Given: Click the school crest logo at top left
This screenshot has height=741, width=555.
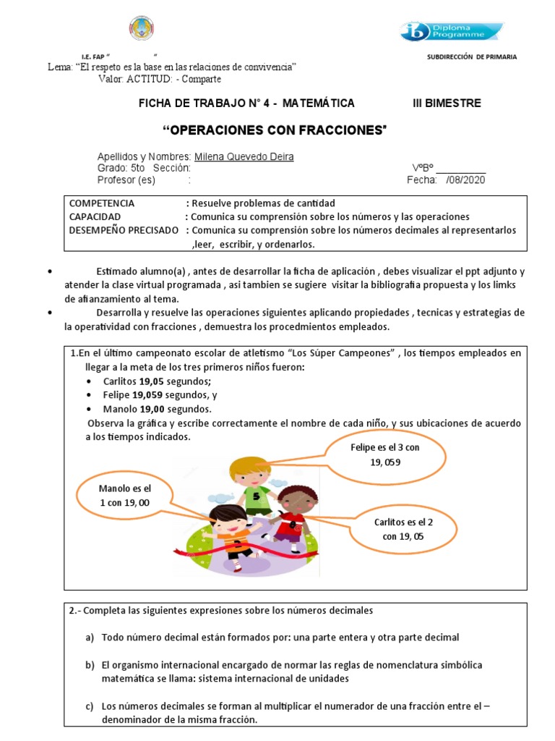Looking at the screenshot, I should click(141, 28).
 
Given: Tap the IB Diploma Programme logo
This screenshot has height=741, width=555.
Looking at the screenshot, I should click(451, 31).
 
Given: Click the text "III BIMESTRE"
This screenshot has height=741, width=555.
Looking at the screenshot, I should click(446, 103).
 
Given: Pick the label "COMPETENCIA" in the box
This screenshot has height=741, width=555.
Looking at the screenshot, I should click(102, 203).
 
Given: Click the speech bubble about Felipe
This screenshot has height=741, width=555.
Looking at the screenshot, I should click(384, 454).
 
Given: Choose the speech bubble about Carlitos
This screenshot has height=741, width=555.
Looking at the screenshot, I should click(403, 528).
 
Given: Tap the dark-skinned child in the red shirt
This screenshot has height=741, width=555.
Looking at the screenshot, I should click(293, 514).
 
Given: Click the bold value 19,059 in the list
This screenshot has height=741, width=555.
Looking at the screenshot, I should click(149, 395).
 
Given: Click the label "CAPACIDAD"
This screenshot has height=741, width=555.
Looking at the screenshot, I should click(95, 216).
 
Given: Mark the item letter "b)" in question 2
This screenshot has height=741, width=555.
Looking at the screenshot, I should click(90, 664).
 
